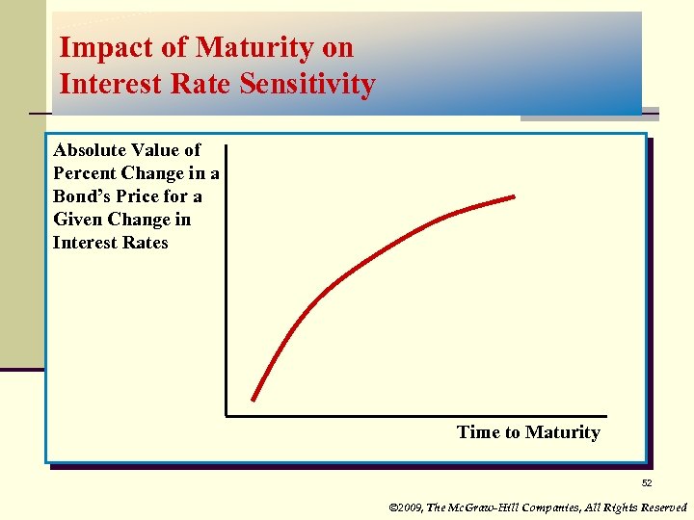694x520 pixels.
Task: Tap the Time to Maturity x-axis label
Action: (x=528, y=432)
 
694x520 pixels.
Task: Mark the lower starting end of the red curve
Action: (x=254, y=399)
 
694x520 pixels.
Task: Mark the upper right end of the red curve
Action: (x=515, y=196)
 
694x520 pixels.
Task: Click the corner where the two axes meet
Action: (x=227, y=416)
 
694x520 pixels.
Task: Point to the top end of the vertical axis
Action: (x=227, y=144)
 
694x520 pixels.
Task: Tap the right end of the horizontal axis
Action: (x=607, y=416)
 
